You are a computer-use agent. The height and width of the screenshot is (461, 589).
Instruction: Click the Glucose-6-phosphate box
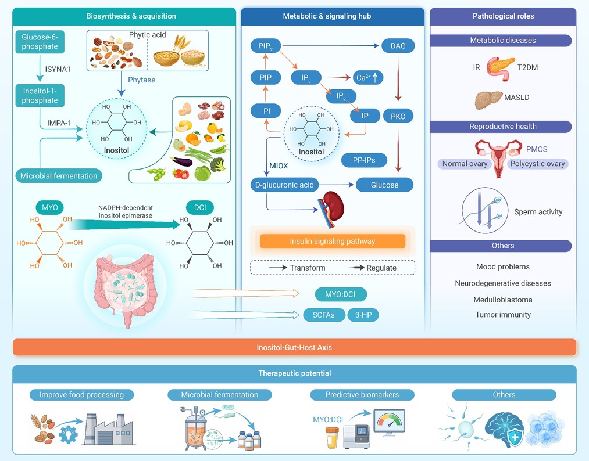pos(40,42)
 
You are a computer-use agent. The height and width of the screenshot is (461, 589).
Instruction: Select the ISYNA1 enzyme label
pos(58,70)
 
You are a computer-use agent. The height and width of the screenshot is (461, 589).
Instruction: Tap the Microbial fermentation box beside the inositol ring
pos(59,175)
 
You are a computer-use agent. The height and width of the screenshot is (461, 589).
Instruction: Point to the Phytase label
pos(142,80)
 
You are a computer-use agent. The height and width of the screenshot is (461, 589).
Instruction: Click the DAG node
pos(398,46)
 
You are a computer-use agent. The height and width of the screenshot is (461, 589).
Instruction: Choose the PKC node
pos(398,116)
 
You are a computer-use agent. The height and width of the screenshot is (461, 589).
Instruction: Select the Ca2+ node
pos(367,78)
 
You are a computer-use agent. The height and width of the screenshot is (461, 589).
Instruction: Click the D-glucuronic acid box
pos(284,185)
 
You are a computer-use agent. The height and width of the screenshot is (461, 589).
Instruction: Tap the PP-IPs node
pos(364,160)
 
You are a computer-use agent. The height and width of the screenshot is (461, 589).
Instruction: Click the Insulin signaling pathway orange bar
pos(333,241)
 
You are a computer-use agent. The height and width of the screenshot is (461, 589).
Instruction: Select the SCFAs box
pos(324,315)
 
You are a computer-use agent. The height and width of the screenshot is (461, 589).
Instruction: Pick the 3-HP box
pos(363,315)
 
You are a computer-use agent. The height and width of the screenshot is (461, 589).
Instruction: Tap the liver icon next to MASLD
pos(488,100)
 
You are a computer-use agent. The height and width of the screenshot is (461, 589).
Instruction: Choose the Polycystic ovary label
pos(537,164)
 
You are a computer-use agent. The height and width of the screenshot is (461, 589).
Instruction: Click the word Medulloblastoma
pos(502,300)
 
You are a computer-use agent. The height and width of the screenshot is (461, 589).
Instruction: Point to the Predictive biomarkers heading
pos(362,395)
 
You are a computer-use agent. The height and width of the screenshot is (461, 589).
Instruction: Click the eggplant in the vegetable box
pos(182,161)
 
